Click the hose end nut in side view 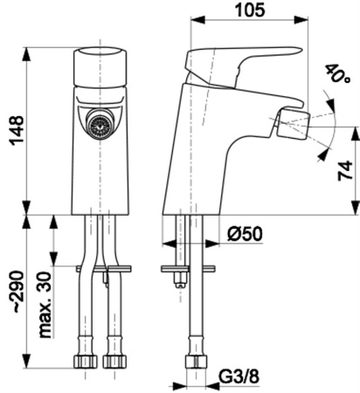196,360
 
